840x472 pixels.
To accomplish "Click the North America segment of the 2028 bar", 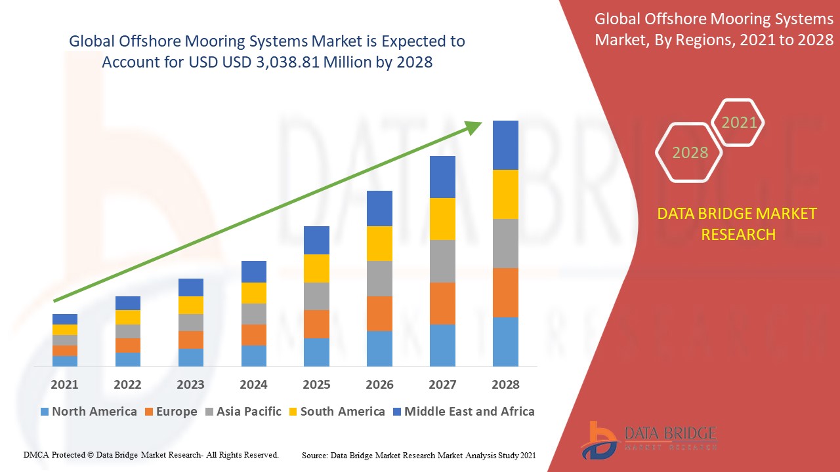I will (505, 342).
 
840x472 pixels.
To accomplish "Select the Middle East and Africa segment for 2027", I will (442, 177).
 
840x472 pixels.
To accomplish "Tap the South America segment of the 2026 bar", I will (379, 243).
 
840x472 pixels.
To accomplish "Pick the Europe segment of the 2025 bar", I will (316, 324).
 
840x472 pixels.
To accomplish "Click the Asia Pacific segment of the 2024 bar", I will (254, 313).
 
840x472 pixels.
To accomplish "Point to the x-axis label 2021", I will (64, 385).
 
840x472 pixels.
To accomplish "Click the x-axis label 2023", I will (190, 385).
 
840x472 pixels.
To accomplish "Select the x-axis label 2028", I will (505, 385).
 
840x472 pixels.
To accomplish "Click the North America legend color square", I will (45, 412).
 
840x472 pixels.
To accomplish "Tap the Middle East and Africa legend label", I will (469, 412).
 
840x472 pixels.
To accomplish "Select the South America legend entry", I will (342, 412).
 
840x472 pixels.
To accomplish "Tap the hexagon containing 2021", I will (739, 123).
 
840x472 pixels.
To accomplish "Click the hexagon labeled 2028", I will (690, 153).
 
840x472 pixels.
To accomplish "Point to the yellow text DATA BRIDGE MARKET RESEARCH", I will (738, 224).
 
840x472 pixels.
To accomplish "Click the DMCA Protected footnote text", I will (151, 454).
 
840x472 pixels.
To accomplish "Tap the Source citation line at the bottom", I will (418, 454).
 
